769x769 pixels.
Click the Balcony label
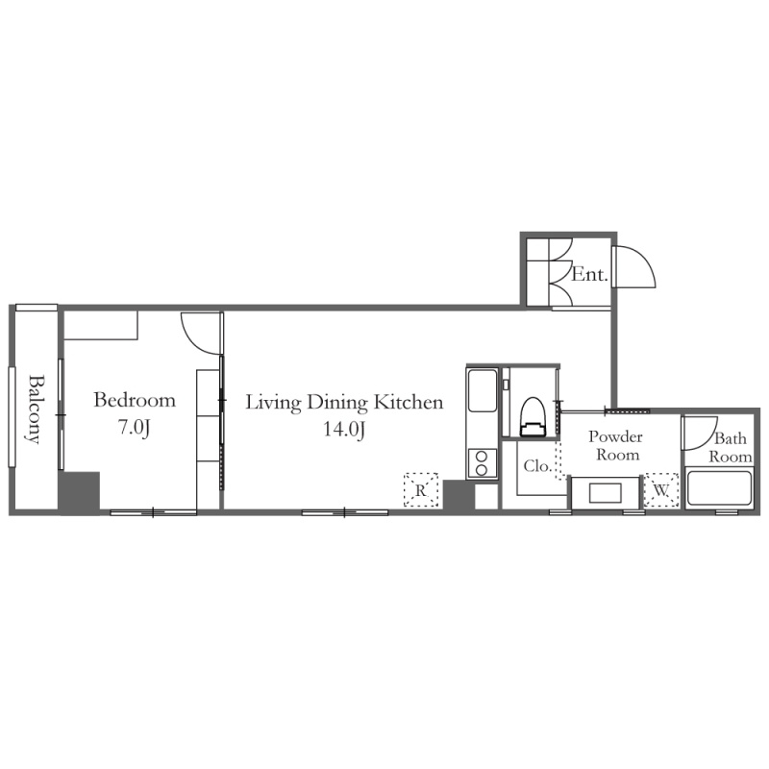pos(34,409)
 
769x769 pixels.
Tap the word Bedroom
pos(135,400)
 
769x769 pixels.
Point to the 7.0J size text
pos(134,427)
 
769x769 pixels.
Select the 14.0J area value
pos(344,429)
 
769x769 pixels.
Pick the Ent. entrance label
pos(589,274)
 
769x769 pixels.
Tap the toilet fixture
pos(533,416)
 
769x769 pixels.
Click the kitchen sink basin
pos(483,391)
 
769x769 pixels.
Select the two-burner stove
pos(482,463)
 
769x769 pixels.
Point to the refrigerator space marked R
pos(421,489)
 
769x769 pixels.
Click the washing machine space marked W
pos(661,489)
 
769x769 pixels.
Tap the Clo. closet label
pos(538,466)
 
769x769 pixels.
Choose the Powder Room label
pos(616,445)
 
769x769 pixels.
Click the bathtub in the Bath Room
pos(719,488)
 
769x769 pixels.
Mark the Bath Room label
pos(731,447)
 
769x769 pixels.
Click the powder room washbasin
pos(606,493)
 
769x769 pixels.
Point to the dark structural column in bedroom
pos(80,491)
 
